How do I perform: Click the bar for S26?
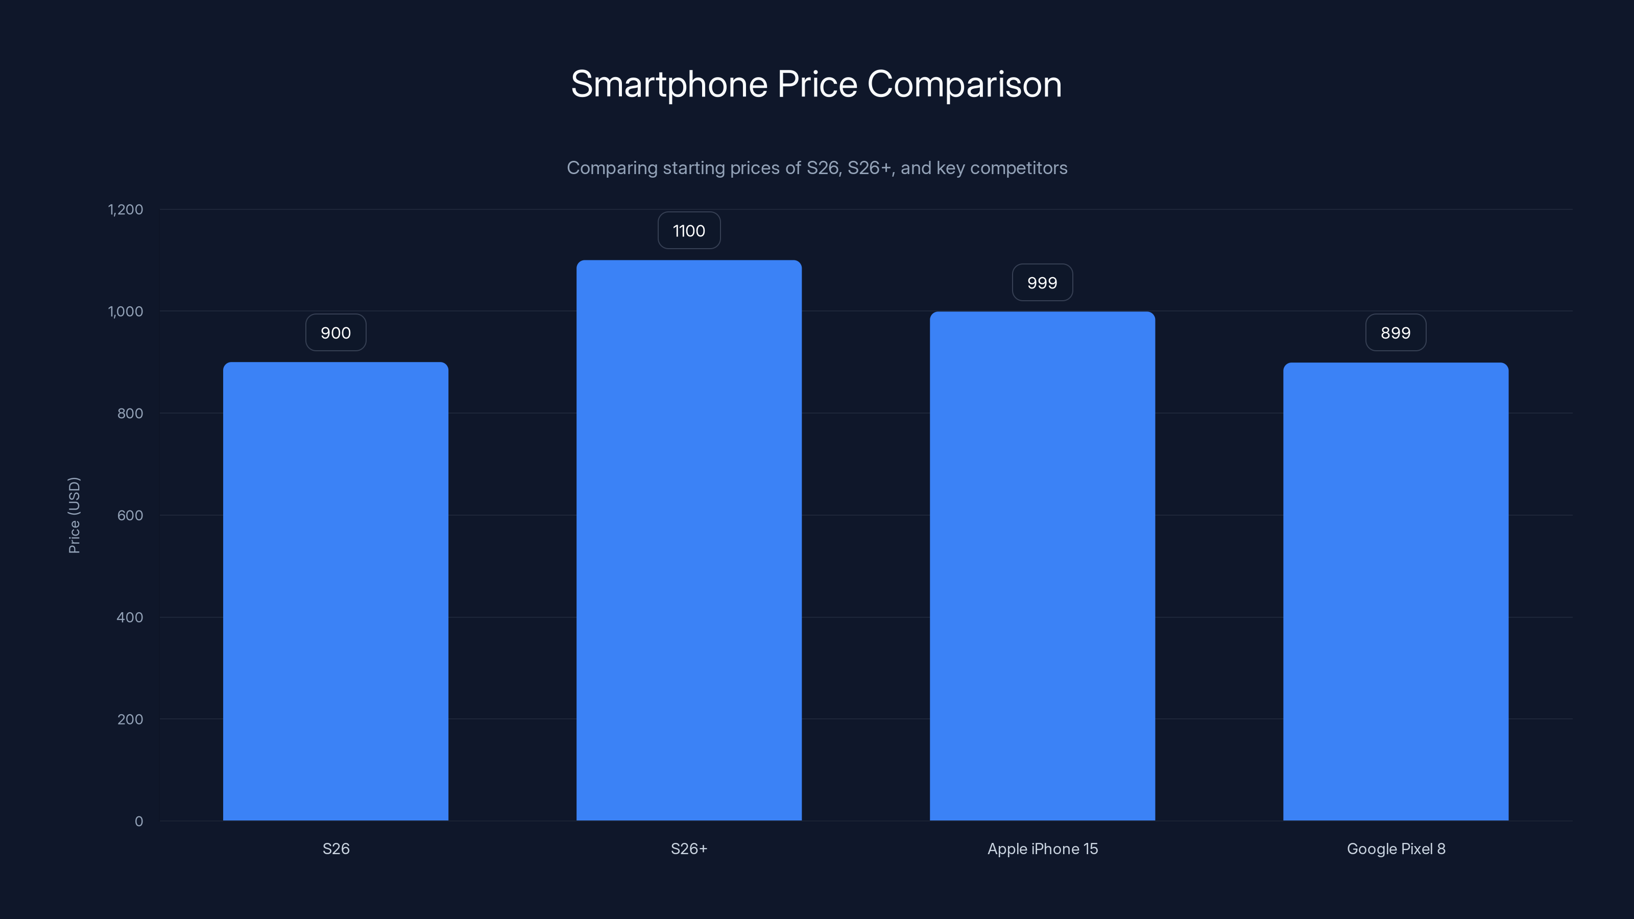(x=335, y=591)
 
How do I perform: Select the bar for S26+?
(x=689, y=540)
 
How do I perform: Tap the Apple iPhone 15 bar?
(x=1042, y=566)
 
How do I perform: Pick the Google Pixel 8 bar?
(x=1396, y=591)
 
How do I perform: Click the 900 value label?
(x=335, y=332)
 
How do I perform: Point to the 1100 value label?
(x=689, y=230)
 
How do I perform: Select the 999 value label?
(x=1042, y=282)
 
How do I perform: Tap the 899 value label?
(x=1396, y=332)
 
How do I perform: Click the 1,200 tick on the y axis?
(x=126, y=209)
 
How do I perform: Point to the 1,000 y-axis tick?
(x=126, y=311)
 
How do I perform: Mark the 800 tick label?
(x=130, y=414)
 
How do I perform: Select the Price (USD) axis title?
(x=74, y=515)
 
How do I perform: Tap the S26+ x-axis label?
(x=689, y=849)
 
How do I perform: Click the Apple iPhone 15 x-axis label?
(x=1042, y=849)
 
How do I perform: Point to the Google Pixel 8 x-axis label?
(x=1396, y=849)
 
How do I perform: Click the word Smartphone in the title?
(x=669, y=84)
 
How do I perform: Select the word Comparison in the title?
(x=964, y=84)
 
